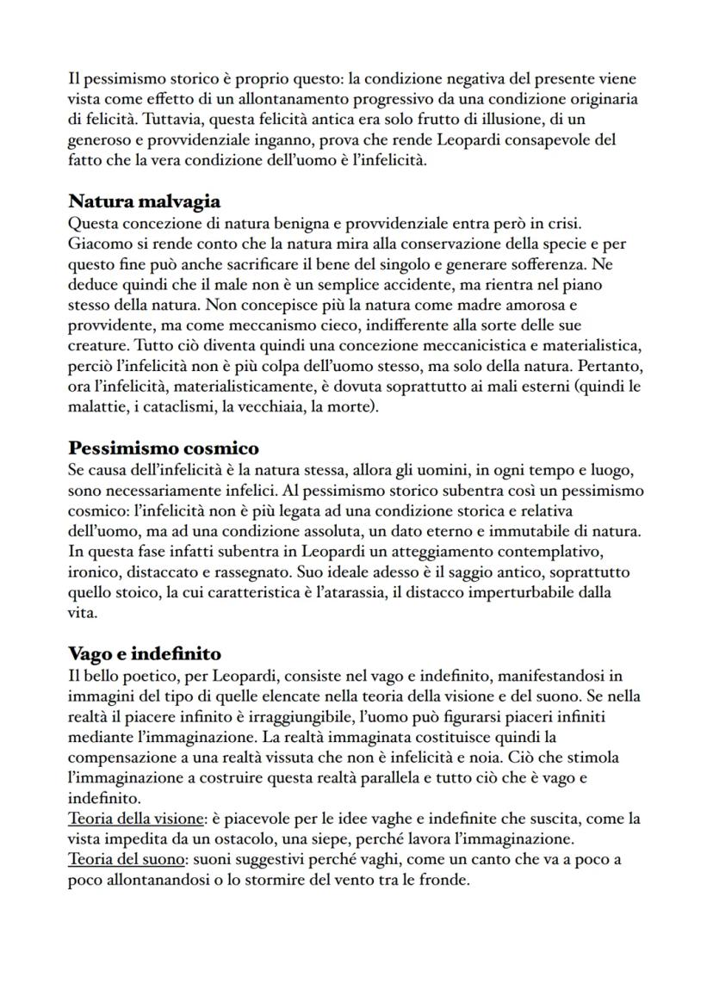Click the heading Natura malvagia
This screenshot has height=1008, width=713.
144,201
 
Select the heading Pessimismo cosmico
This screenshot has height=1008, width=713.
164,448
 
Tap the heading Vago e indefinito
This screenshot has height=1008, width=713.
145,653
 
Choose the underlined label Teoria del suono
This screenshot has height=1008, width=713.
125,859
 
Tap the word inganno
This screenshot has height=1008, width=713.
270,139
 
